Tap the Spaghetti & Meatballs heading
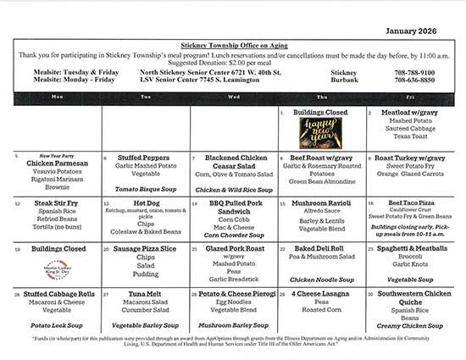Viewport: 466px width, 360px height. [414, 248]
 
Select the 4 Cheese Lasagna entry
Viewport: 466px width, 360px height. [321, 293]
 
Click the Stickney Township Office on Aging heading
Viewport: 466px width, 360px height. [233, 42]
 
